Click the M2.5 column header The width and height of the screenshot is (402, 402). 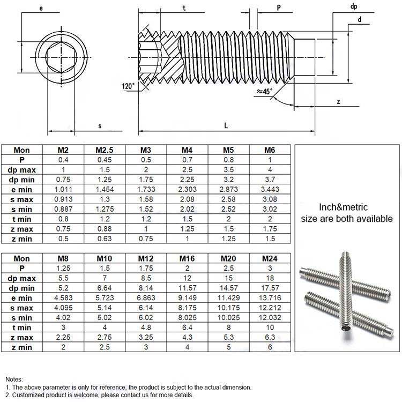pos(105,150)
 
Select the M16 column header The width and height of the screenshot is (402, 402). pos(187,258)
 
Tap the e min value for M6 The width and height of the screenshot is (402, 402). pos(270,189)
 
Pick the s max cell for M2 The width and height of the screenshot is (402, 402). pos(63,199)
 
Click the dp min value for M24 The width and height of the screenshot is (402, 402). pos(270,288)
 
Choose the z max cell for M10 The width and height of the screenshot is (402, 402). pos(105,337)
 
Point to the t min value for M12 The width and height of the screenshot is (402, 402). pos(146,327)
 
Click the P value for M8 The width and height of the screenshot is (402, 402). pos(63,269)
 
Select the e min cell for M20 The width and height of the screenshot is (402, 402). pos(228,298)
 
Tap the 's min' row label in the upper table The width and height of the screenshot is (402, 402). pos(22,210)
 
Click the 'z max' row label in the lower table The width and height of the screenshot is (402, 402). pos(22,338)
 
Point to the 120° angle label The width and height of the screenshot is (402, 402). pos(128,86)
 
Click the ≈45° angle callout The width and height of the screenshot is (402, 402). pos(265,91)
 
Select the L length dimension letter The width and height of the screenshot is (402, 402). pos(226,125)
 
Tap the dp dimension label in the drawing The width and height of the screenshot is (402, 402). pos(354,6)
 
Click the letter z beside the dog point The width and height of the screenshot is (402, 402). pos(338,102)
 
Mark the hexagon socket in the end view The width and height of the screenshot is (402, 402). pos(61,57)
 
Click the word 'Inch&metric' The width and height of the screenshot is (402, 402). pos(343,207)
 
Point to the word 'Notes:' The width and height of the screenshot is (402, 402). pos(14,379)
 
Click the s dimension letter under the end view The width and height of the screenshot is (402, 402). pos(100,126)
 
